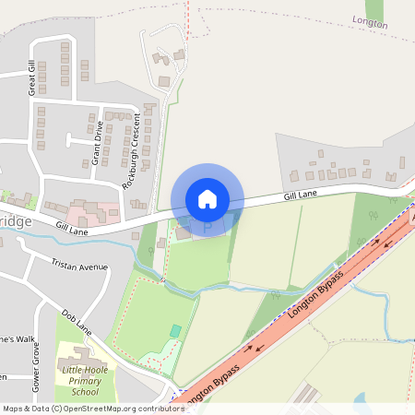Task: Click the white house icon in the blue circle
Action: tap(207, 198)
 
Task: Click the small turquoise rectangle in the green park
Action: tap(175, 330)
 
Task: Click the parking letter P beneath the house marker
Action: tap(207, 225)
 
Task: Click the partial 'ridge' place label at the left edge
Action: tap(16, 222)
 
